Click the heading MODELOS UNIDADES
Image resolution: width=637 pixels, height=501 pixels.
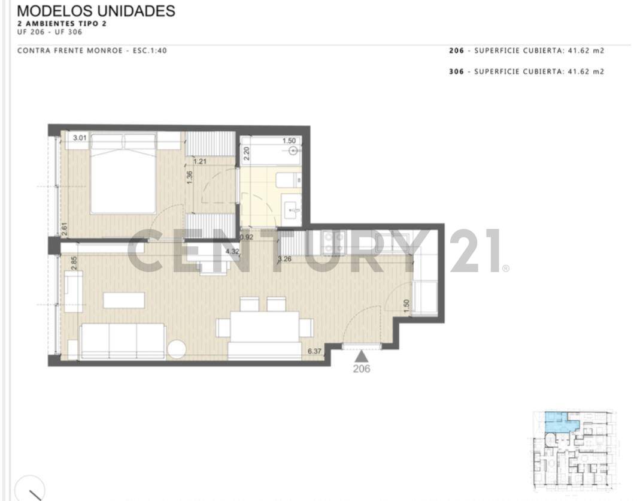[x=96, y=11]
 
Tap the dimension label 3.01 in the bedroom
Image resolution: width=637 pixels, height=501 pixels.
[x=80, y=138]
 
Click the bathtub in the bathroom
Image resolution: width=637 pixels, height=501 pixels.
[x=275, y=150]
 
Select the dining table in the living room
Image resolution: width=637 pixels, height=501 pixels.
[x=265, y=327]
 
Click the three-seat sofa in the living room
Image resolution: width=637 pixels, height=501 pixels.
[x=123, y=340]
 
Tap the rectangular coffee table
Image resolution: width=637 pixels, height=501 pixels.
[x=123, y=300]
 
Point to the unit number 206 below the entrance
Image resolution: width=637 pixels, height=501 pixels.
[x=361, y=369]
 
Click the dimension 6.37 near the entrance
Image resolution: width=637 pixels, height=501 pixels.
[x=314, y=352]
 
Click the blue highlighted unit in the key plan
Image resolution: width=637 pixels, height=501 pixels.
[x=560, y=423]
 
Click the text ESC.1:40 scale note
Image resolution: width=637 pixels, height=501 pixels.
[x=149, y=51]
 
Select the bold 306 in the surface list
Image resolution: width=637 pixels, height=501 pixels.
[x=456, y=72]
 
